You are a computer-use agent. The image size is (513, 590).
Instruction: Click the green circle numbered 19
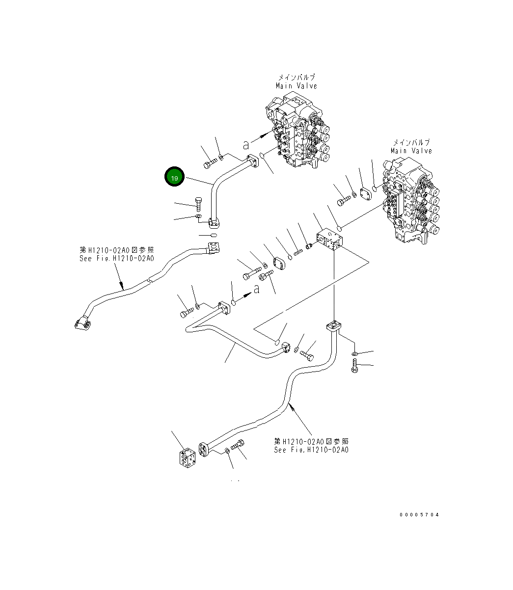pos(174,178)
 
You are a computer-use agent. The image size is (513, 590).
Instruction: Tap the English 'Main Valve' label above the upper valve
pos(296,86)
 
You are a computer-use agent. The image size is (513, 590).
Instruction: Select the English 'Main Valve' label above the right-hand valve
pos(411,151)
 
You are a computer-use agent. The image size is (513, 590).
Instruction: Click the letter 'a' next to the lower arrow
pos(256,290)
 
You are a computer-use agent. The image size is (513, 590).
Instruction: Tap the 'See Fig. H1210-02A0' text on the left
pos(117,258)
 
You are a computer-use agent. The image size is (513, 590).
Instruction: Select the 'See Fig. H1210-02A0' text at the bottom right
pos(311,449)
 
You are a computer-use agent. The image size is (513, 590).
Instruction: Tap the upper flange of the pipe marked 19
pos(253,161)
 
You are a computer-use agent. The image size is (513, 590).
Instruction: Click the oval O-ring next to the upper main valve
pos(263,156)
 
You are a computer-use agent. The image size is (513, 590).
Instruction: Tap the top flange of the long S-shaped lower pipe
pos(333,326)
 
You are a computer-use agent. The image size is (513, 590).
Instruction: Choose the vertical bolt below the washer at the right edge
pos(354,366)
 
